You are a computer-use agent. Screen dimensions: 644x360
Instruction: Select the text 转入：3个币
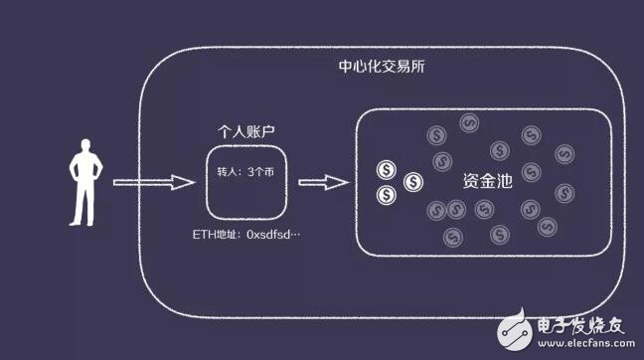(x=244, y=171)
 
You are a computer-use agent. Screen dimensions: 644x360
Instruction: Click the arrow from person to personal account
(x=151, y=182)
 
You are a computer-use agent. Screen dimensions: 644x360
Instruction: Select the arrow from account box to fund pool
(x=322, y=182)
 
